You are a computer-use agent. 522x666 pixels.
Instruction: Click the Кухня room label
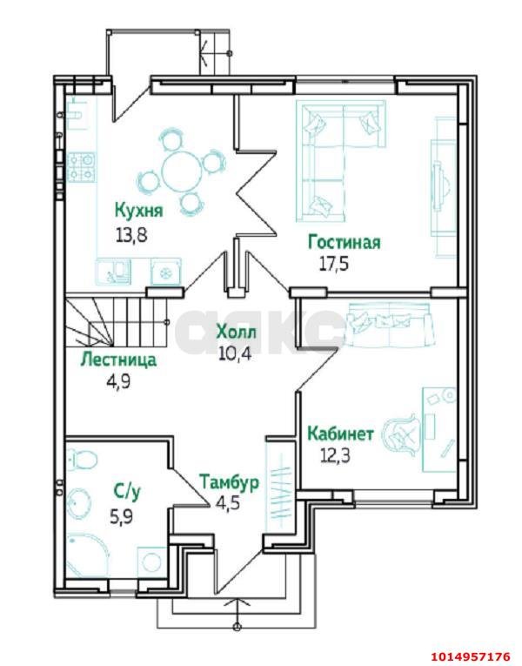[139, 211]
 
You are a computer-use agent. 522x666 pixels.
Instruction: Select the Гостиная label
[345, 243]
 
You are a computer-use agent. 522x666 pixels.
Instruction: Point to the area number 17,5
[333, 264]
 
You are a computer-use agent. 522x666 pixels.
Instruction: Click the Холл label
[236, 333]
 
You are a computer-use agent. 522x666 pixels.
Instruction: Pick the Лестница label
[118, 360]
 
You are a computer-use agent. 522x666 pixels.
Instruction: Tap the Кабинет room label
[341, 434]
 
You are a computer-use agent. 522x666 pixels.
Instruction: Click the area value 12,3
[335, 456]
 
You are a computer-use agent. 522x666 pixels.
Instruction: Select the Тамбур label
[229, 482]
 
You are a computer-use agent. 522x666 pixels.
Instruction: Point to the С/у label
[127, 492]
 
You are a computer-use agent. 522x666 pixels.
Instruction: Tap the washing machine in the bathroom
[151, 562]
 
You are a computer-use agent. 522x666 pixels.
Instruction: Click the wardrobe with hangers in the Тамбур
[279, 485]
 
